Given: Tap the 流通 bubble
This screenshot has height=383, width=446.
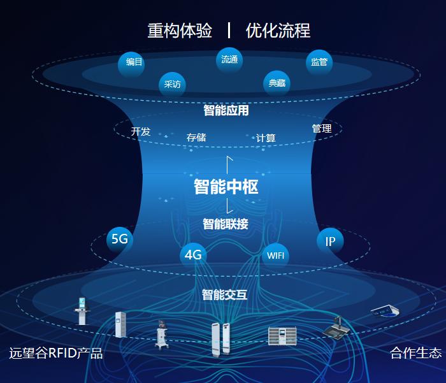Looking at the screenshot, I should coord(229,60).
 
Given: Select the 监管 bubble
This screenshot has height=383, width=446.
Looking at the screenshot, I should coord(319,62).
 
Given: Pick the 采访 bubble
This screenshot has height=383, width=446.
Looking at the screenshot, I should coord(172,84).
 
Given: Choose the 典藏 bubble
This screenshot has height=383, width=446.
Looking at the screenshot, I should coord(277,83).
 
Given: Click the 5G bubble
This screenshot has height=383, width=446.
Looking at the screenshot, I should coord(120,240).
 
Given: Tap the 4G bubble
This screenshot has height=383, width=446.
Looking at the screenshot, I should coord(193,256).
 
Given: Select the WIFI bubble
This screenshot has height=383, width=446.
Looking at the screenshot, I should coord(276,256).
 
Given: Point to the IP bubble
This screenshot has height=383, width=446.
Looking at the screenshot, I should coord(330,241).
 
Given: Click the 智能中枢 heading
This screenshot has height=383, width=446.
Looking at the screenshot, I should coord(226,187).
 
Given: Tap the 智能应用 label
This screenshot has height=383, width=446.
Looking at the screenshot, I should coord(226,110).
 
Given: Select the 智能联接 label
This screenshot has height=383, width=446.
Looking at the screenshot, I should coord(226,224).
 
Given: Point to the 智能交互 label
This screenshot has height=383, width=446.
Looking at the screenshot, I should coord(225,294).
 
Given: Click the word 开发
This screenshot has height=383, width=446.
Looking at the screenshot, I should coord(141,132).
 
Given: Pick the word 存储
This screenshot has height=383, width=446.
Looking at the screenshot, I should coord(196,137).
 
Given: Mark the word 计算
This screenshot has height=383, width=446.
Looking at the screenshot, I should coord(266,138).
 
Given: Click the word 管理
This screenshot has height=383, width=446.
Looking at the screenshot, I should coord(322,129).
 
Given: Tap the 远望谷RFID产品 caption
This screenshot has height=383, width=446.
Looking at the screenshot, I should coord(56,353).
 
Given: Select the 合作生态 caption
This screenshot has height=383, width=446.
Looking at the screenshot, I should coord(415,353).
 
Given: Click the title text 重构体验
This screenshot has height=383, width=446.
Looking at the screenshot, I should coord(180,30).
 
